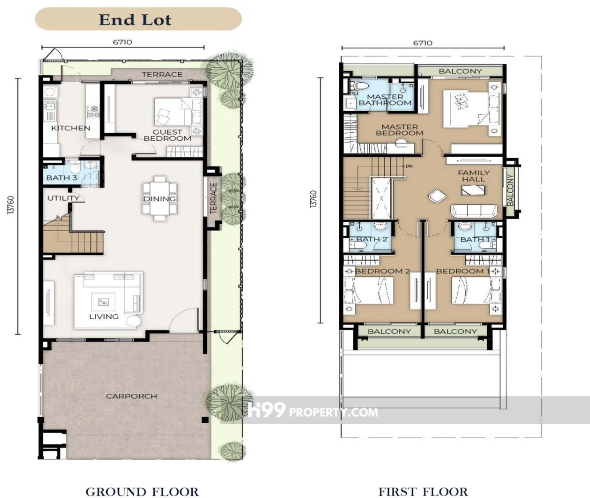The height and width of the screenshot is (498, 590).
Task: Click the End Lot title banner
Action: (138, 19)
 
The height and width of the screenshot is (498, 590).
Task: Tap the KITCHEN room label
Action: (71, 128)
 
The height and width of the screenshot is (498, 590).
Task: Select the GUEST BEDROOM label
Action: (168, 135)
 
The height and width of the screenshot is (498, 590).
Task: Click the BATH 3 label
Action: (61, 178)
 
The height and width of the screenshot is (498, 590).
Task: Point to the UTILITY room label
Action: (63, 198)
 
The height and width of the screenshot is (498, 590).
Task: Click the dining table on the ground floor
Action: (160, 199)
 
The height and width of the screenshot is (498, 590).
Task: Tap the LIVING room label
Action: (104, 317)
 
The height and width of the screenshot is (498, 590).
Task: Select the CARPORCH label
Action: (131, 396)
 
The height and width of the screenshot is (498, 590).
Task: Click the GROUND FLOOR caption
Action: (142, 492)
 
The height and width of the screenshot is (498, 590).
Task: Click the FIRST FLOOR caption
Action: (423, 492)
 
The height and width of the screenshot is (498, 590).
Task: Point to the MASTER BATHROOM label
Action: (385, 100)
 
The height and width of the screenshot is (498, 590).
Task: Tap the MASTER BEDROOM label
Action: (400, 130)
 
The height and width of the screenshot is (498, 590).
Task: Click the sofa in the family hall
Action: (474, 211)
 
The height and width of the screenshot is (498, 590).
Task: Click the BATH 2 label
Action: (372, 239)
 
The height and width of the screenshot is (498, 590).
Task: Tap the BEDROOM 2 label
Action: (383, 271)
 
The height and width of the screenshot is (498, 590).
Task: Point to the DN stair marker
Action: (409, 166)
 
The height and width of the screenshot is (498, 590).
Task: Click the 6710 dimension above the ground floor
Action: (122, 42)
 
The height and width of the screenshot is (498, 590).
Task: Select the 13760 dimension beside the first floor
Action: (313, 200)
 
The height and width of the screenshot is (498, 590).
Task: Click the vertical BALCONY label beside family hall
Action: (510, 190)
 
